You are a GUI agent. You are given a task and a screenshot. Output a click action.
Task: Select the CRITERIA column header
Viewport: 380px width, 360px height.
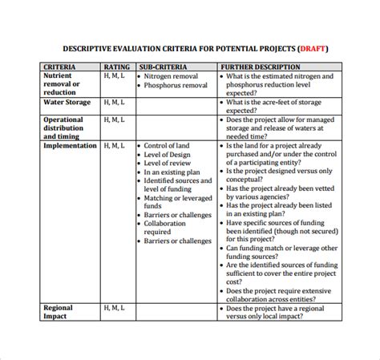[x=60, y=67]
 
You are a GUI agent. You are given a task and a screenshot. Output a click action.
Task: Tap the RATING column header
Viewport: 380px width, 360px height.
[x=117, y=67]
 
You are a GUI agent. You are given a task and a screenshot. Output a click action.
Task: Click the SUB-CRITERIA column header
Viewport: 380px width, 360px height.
[x=164, y=67]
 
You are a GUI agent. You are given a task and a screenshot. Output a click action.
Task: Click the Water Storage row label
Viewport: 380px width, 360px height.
[x=68, y=103]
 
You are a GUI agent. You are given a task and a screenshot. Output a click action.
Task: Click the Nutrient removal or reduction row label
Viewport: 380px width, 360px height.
[x=62, y=83]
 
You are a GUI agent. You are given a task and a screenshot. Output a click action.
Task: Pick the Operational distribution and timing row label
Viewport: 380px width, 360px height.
[x=63, y=128]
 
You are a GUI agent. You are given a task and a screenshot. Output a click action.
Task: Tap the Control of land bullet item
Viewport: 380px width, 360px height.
[x=167, y=146]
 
